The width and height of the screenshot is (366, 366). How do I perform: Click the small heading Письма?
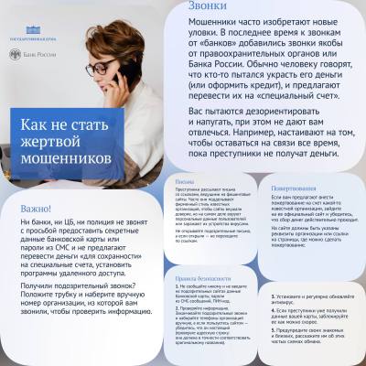[184, 181]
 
